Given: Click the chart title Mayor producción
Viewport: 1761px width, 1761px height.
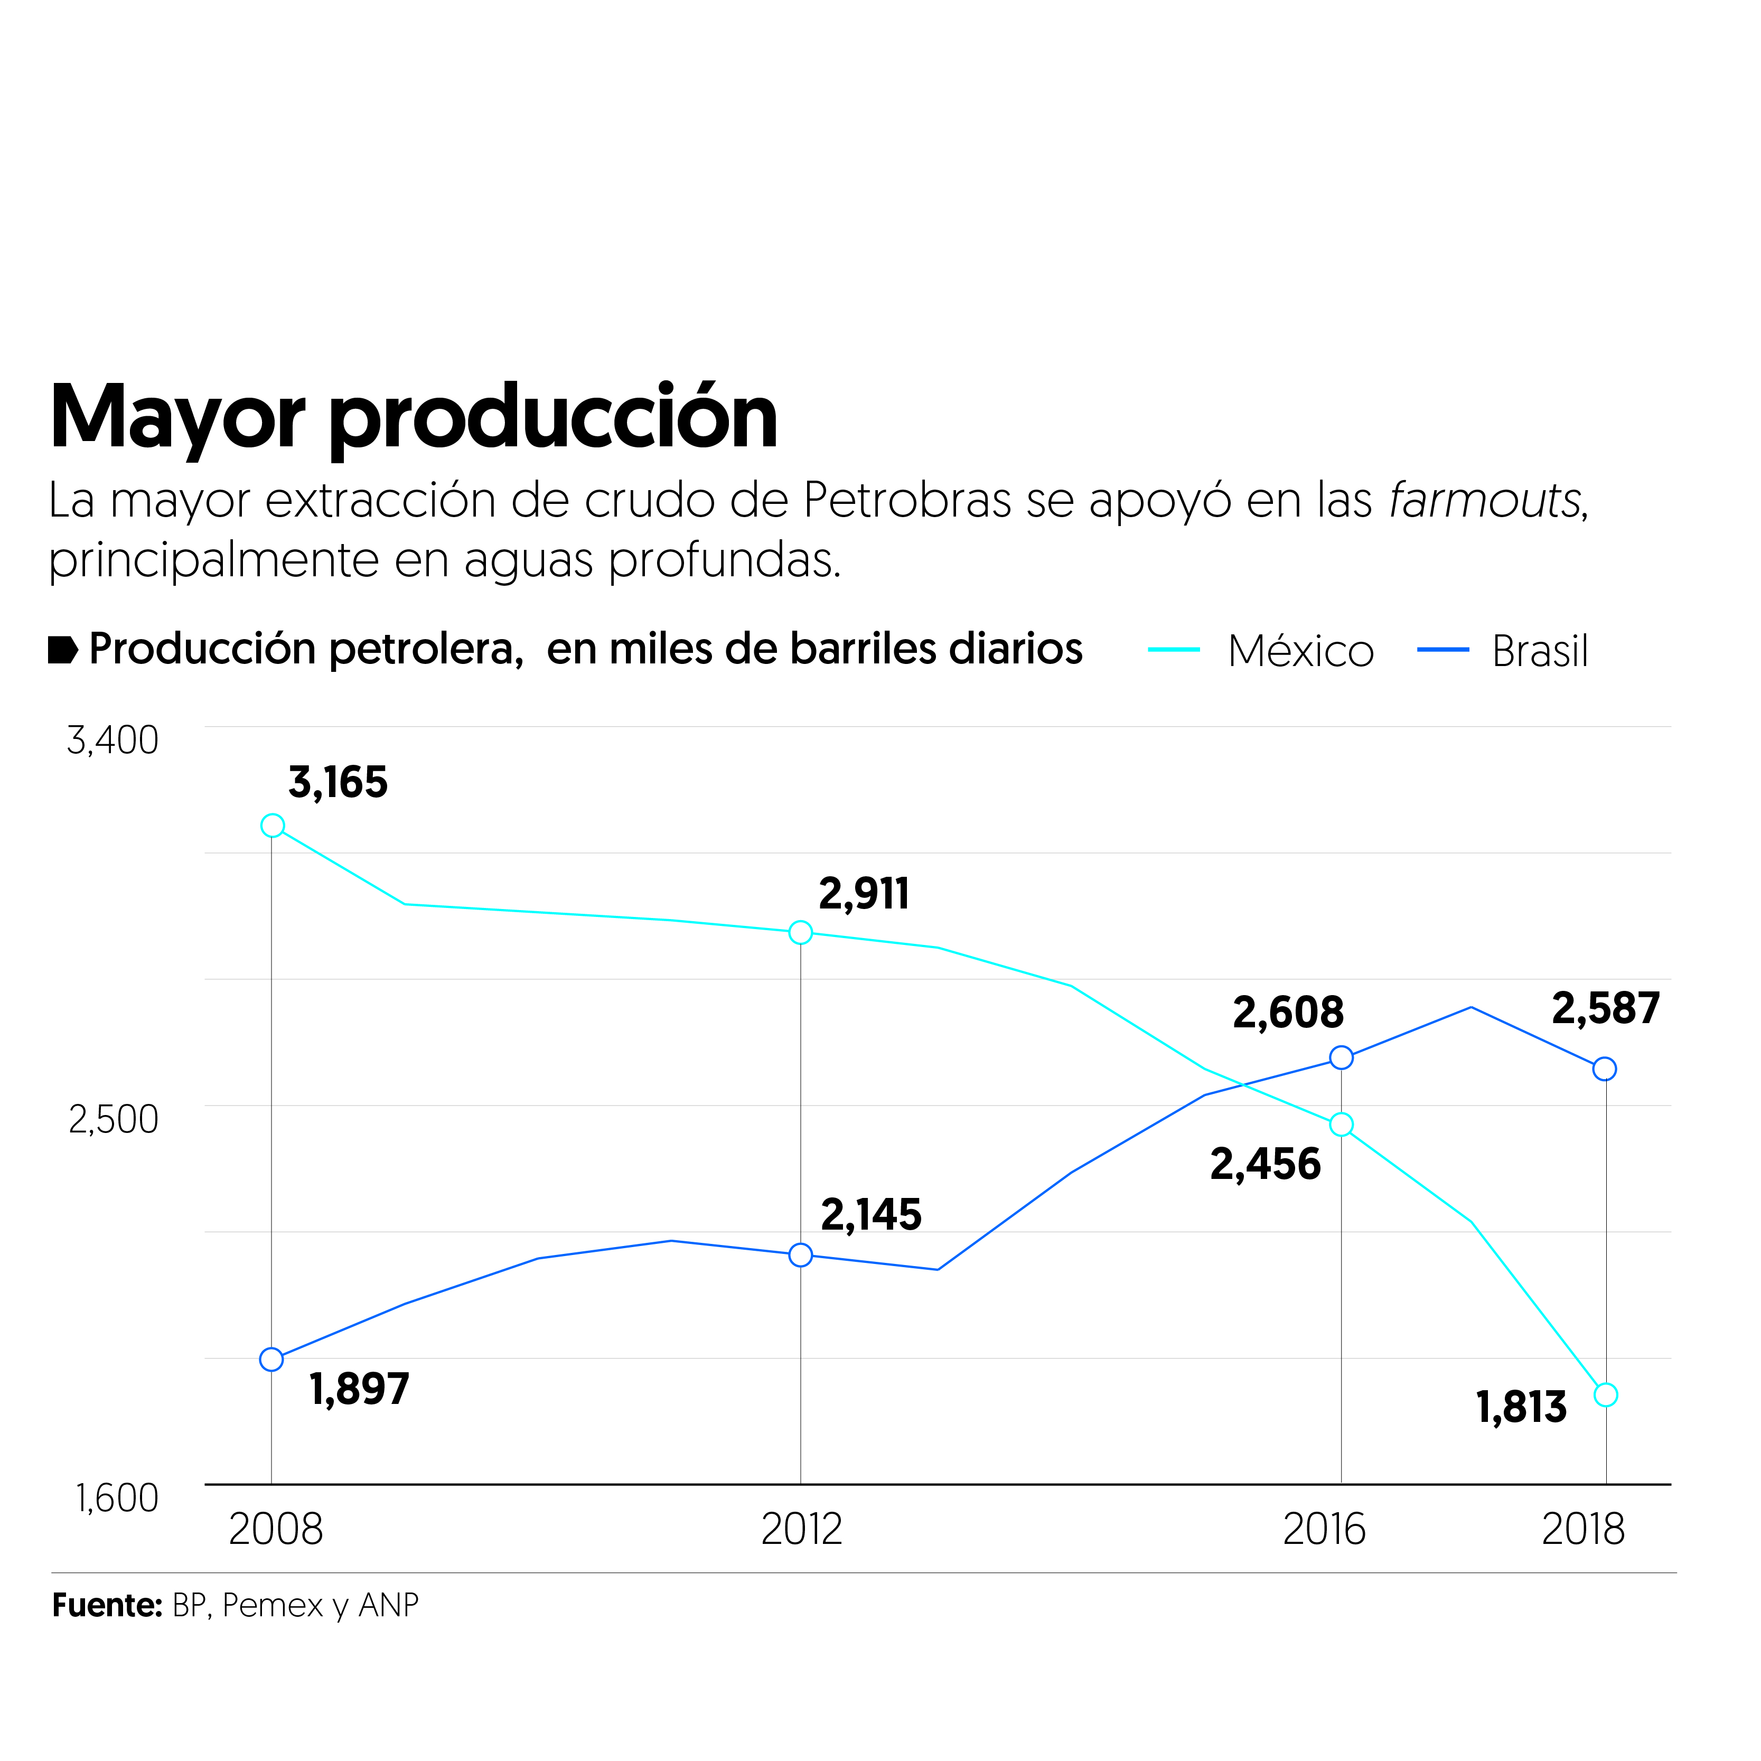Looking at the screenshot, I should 413,417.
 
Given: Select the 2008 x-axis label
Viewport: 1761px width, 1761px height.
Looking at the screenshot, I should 275,1530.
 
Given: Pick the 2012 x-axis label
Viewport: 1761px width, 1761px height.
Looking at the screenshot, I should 801,1530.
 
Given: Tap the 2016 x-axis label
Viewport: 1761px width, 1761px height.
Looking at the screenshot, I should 1324,1530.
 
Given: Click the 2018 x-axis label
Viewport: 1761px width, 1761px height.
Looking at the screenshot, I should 1582,1530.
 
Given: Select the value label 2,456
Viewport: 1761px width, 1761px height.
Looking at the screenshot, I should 1265,1165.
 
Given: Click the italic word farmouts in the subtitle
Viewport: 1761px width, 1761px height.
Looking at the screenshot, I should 1486,500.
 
